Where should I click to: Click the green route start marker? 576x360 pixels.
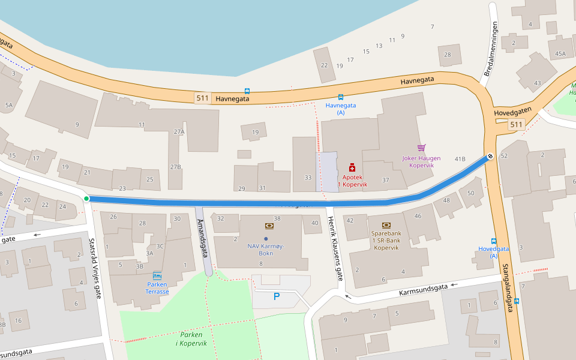point(86,199)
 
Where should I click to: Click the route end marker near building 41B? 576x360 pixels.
point(490,157)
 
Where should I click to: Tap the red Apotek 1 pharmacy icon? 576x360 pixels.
point(352,167)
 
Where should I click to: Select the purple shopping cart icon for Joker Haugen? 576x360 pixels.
point(421,148)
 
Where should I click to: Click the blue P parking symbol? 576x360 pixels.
point(277,296)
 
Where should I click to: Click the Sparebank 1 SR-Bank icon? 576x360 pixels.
point(386,226)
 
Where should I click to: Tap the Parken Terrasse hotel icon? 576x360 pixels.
point(157,275)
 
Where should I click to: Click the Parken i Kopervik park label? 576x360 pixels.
point(191,338)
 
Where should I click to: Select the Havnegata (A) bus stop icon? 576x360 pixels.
point(341,97)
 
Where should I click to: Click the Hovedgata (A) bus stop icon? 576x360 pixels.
point(494,241)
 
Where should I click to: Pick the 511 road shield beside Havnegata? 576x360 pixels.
point(203,98)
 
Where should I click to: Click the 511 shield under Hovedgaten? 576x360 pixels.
point(515,125)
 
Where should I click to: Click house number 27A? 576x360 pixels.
point(179,131)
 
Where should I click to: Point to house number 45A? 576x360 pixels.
point(560,54)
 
